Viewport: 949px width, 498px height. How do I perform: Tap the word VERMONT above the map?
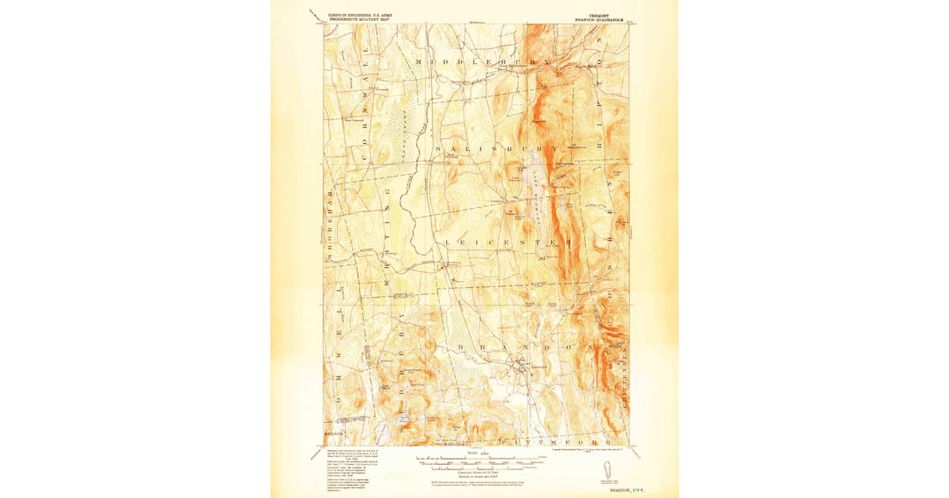(x=584, y=14)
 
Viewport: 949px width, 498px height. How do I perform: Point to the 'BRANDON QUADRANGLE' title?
(x=598, y=19)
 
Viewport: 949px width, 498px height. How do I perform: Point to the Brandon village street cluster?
(x=518, y=366)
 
